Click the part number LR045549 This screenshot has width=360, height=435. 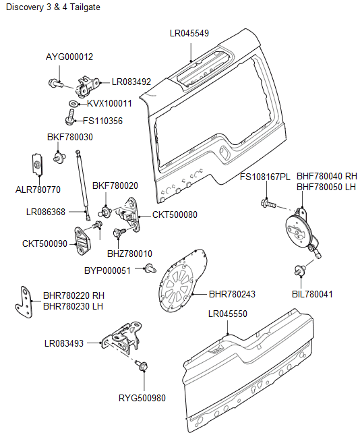tap(190, 33)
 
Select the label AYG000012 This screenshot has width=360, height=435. tap(69, 57)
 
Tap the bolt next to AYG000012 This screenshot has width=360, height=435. tap(55, 84)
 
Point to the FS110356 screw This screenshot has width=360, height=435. tap(69, 121)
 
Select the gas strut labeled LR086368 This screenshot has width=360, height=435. tap(82, 182)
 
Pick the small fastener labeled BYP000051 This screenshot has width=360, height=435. tap(147, 270)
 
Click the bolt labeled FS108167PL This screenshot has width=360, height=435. tap(267, 202)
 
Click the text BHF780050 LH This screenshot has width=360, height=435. tap(326, 187)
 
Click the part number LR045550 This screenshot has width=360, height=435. tap(228, 314)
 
